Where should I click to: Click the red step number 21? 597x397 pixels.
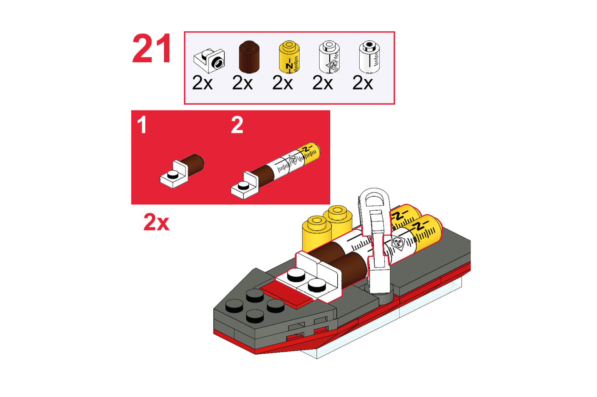(152, 48)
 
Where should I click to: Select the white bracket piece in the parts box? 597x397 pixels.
(209, 61)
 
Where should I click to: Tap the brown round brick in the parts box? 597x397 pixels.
(249, 56)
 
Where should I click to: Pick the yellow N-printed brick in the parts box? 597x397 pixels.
(289, 56)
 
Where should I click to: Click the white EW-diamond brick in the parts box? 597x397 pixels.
(329, 56)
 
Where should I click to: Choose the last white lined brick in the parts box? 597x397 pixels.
(369, 56)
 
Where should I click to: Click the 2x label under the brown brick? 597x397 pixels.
(242, 83)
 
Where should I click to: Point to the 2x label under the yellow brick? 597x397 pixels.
(282, 83)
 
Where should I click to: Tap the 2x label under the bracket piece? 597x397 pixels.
(202, 83)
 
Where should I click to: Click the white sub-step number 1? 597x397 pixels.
(142, 125)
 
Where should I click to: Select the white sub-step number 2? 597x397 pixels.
(237, 125)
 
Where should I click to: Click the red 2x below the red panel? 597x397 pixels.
(156, 222)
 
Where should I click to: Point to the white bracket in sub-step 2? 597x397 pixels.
(244, 186)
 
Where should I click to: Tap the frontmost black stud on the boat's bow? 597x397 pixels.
(255, 316)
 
